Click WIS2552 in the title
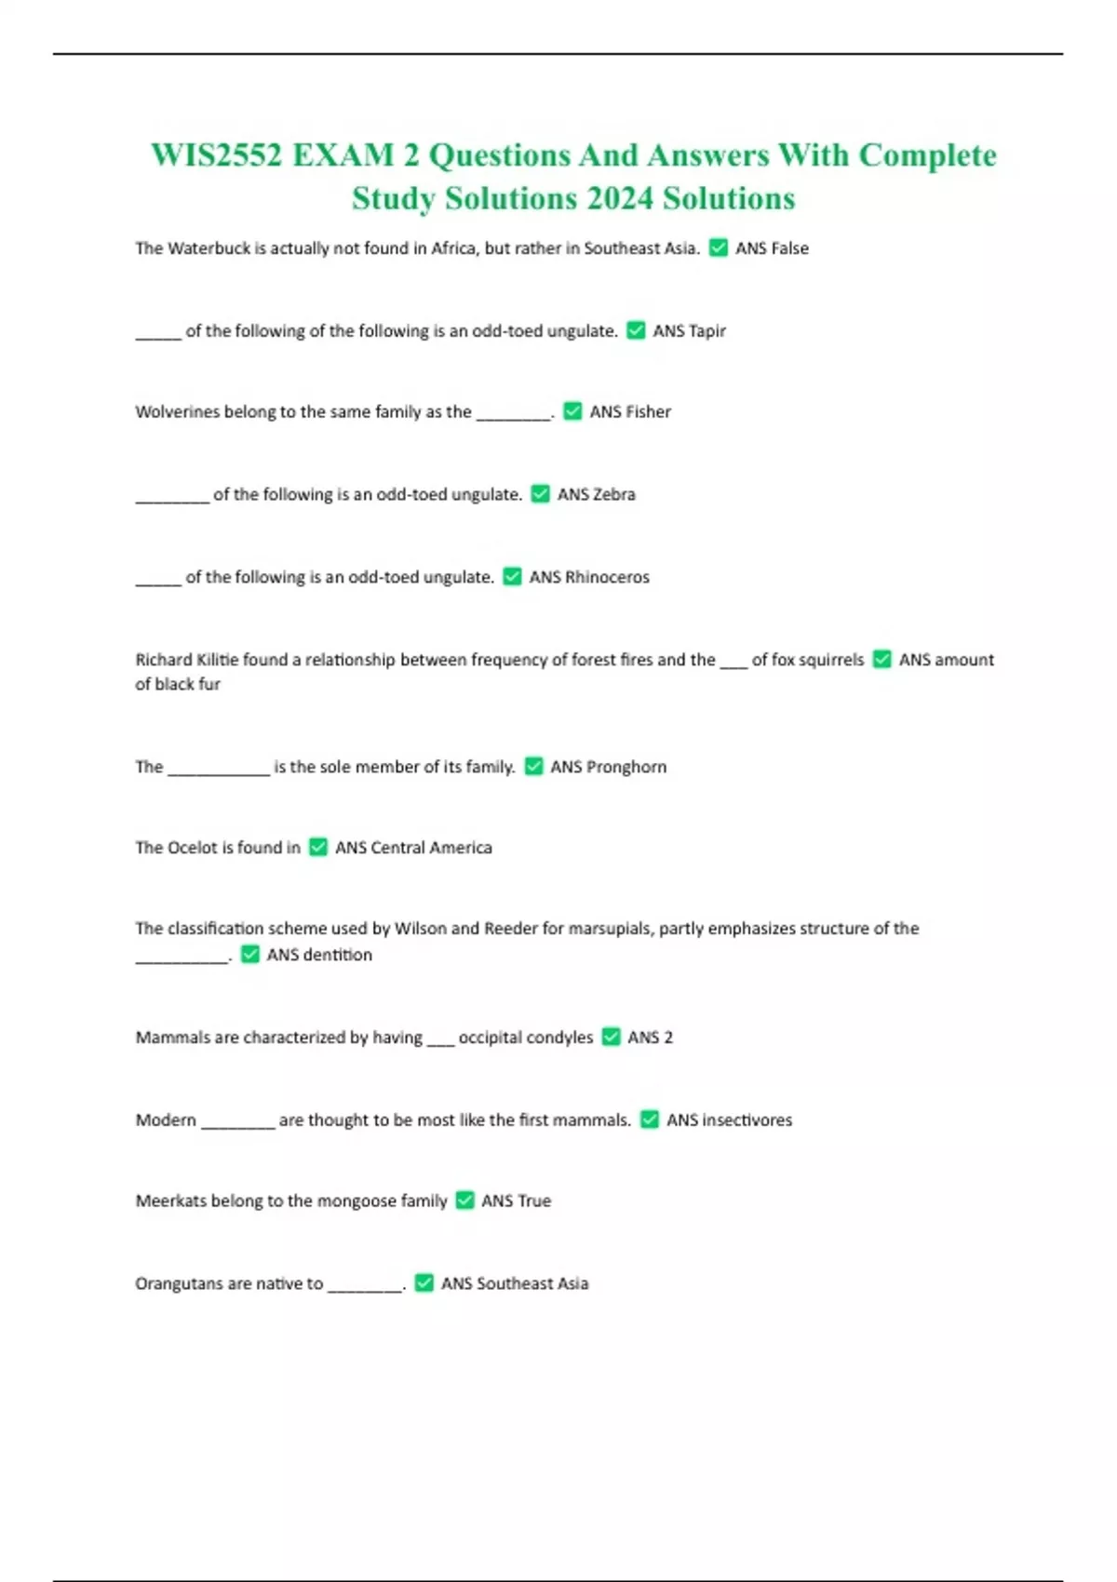(x=217, y=155)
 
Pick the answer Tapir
(x=707, y=330)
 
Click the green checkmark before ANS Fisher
(x=572, y=411)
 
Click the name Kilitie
(x=218, y=660)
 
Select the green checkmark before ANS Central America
(x=318, y=848)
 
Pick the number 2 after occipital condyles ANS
(x=667, y=1038)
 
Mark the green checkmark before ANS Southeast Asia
(x=424, y=1283)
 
